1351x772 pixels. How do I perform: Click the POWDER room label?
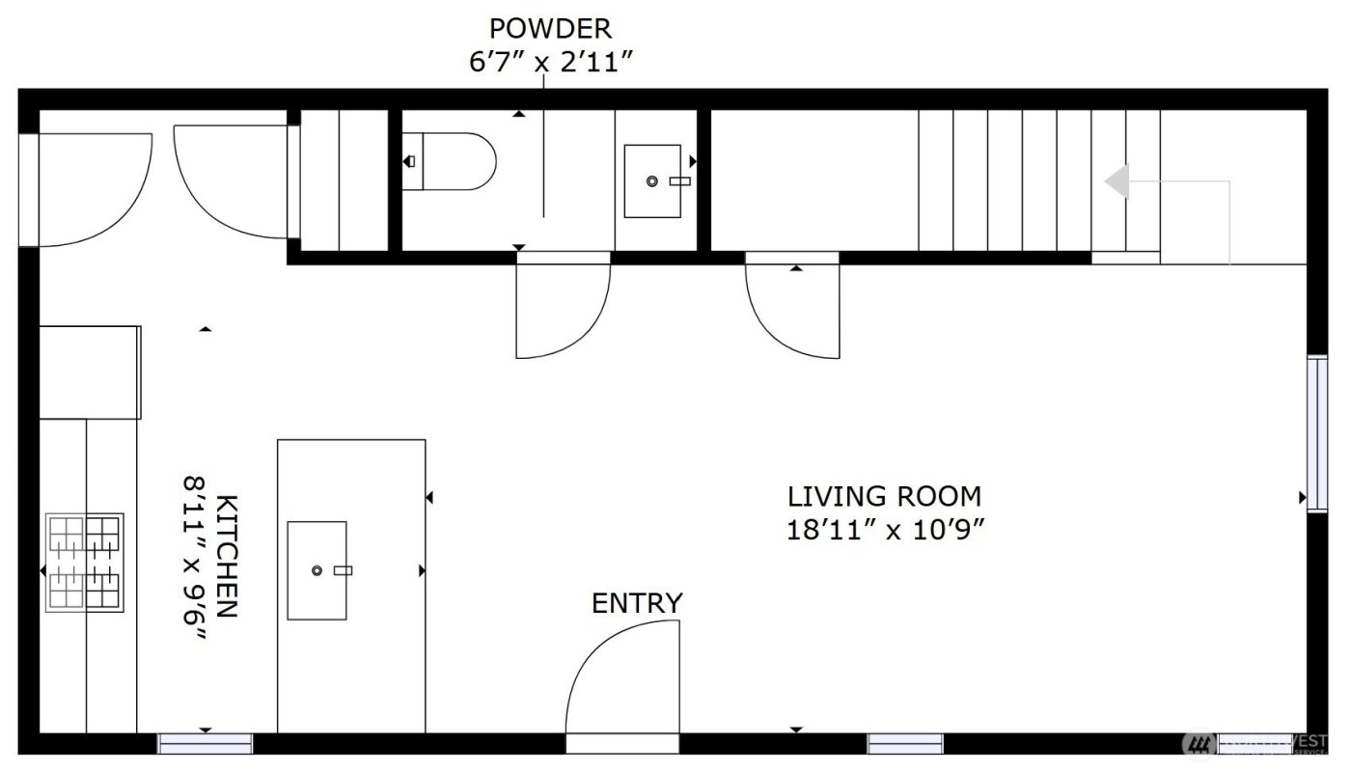(x=550, y=28)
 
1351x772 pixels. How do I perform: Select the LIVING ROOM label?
(x=884, y=497)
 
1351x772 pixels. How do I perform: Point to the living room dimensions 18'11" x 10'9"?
(x=884, y=531)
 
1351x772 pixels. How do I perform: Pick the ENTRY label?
(x=637, y=604)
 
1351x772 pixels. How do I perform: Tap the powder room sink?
(x=652, y=181)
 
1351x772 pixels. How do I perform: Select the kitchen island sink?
(x=317, y=570)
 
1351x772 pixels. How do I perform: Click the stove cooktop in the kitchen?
(x=85, y=562)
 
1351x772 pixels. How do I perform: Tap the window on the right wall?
(x=1316, y=432)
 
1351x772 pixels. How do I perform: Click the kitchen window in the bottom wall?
(x=205, y=743)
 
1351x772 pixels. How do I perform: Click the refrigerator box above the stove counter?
(x=90, y=372)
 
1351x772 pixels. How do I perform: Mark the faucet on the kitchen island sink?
(x=343, y=570)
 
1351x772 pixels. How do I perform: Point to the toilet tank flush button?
(x=411, y=161)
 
